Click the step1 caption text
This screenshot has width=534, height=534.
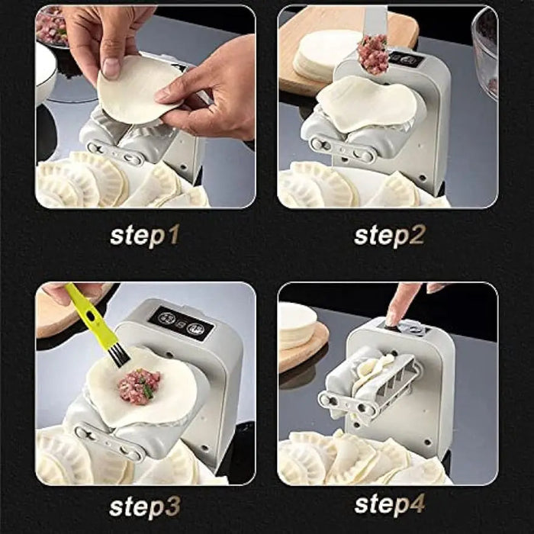[x=144, y=234]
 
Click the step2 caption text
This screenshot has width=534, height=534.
[x=389, y=234]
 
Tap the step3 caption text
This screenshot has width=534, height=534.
[x=144, y=505]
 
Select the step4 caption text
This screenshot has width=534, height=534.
[x=389, y=505]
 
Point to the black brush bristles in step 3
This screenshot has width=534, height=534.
[x=117, y=353]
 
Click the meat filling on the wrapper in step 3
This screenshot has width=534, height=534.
[x=139, y=386]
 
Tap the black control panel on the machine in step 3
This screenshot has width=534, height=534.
[x=181, y=323]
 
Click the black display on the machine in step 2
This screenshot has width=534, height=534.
[x=401, y=58]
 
